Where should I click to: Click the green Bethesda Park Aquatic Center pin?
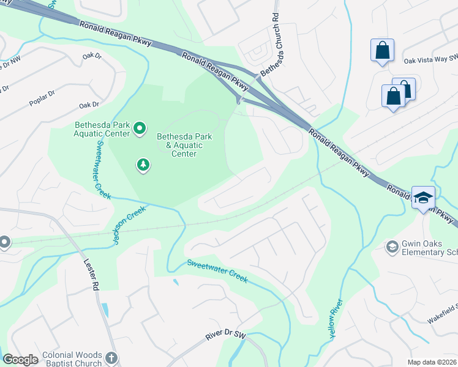pyautogui.click(x=140, y=128)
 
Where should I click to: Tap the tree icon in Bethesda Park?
pyautogui.click(x=143, y=165)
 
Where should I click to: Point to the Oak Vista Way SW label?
pyautogui.click(x=430, y=61)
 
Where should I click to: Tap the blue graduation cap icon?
pyautogui.click(x=423, y=198)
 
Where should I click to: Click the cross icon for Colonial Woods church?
pyautogui.click(x=111, y=358)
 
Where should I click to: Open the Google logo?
pyautogui.click(x=21, y=360)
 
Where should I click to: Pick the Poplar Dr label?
pyautogui.click(x=43, y=98)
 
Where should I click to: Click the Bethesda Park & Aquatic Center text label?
pyautogui.click(x=184, y=145)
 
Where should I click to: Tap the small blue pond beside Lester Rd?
pyautogui.click(x=105, y=310)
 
